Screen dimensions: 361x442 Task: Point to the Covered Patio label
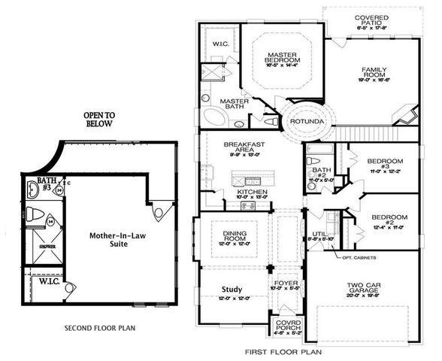[x=350, y=20]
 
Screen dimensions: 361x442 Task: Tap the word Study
[x=232, y=289]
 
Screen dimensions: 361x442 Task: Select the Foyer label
[x=287, y=284]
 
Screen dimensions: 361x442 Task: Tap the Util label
[x=319, y=235]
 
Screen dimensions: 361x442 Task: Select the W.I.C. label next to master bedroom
[x=220, y=43]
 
